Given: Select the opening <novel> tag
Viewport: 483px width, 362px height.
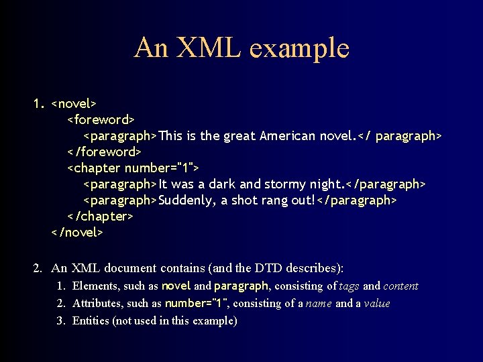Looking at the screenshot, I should (x=74, y=104).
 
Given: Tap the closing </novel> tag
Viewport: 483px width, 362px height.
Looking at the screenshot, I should (x=77, y=233).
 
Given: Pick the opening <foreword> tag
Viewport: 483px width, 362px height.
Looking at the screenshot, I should (x=101, y=120).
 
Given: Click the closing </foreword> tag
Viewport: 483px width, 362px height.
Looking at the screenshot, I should (x=104, y=152).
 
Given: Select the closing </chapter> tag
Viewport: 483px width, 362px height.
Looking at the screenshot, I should (x=101, y=217).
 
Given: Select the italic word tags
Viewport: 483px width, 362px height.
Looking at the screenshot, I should (x=349, y=286).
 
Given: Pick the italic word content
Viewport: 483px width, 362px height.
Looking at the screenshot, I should (x=400, y=286).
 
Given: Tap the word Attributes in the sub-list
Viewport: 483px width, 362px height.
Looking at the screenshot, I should (x=97, y=304).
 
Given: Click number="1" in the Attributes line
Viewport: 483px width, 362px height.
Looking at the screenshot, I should (x=196, y=304).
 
